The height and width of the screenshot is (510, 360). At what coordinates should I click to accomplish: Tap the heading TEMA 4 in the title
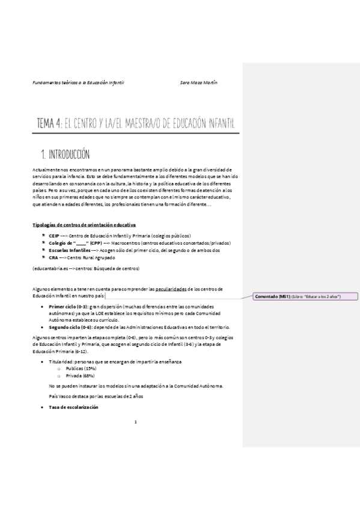[x=49, y=124]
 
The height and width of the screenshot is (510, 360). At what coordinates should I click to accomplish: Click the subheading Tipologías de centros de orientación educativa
[x=84, y=224]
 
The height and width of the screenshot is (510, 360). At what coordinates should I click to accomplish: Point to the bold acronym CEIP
[x=53, y=235]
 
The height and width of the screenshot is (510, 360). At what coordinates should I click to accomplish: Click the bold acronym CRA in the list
[x=53, y=257]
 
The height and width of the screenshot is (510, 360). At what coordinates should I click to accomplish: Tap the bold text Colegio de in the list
[x=59, y=243]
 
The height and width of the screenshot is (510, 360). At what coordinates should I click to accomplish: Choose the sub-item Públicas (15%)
[x=81, y=368]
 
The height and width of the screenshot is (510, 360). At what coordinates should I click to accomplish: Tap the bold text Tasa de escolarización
[x=74, y=408]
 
